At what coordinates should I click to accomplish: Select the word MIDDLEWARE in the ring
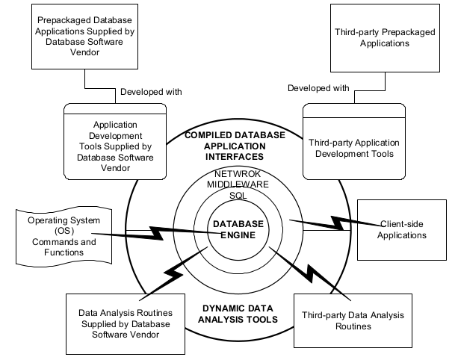[x=229, y=184]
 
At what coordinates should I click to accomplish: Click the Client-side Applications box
[x=403, y=229]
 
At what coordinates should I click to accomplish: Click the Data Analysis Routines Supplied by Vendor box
[x=125, y=323]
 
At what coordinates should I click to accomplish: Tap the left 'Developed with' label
[x=152, y=92]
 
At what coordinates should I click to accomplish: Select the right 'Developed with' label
[x=318, y=88]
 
